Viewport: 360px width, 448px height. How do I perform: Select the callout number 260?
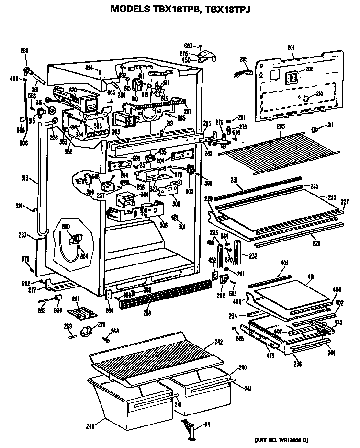click(24, 51)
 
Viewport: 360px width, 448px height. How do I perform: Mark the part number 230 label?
click(332, 196)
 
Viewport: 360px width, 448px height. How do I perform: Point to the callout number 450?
click(186, 60)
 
